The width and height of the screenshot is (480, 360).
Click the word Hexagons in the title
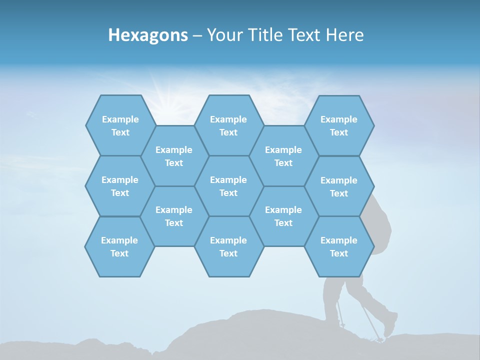pyautogui.click(x=148, y=35)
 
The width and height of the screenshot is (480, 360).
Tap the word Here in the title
pyautogui.click(x=344, y=35)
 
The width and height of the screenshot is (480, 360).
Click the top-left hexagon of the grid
pyautogui.click(x=120, y=125)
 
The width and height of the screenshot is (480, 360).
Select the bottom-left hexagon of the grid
pyautogui.click(x=119, y=246)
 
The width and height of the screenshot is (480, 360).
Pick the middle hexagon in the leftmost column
pyautogui.click(x=120, y=186)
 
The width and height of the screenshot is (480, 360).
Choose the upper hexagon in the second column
pyautogui.click(x=174, y=156)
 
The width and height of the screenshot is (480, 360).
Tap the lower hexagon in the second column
pyautogui.click(x=174, y=216)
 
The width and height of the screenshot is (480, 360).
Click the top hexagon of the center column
pyautogui.click(x=228, y=125)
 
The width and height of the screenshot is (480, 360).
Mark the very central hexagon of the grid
pyautogui.click(x=228, y=186)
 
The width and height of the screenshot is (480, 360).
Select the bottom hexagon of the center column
pyautogui.click(x=228, y=246)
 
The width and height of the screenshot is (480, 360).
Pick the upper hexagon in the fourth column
pyautogui.click(x=283, y=156)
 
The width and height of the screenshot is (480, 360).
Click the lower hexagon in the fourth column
pyautogui.click(x=283, y=216)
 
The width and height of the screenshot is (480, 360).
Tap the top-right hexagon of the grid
pyautogui.click(x=339, y=125)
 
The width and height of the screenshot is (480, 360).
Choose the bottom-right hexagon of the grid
pyautogui.click(x=339, y=246)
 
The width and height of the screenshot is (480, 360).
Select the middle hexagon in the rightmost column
pyautogui.click(x=339, y=186)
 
